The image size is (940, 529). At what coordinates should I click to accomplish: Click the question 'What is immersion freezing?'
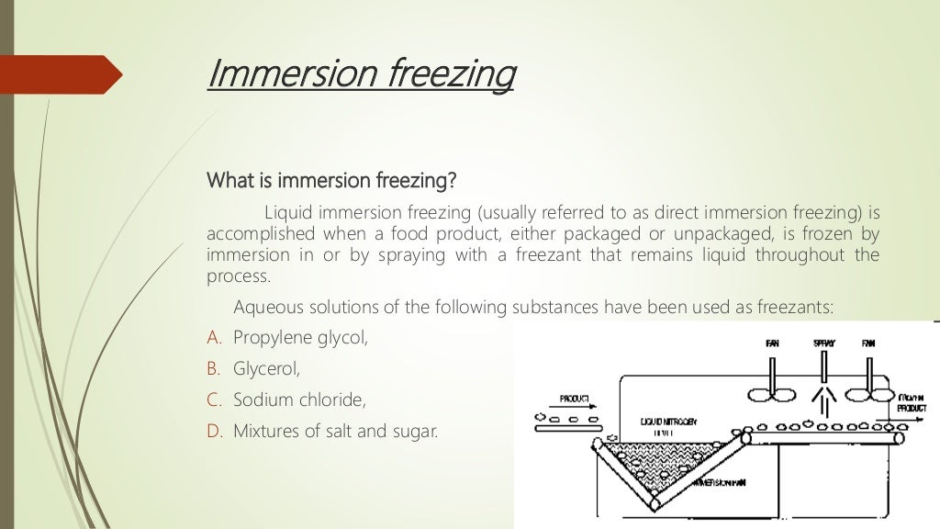click(330, 178)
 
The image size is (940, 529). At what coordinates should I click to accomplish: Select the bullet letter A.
click(215, 338)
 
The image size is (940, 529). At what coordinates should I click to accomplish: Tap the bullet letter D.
click(215, 430)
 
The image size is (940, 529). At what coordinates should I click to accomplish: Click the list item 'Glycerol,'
click(267, 369)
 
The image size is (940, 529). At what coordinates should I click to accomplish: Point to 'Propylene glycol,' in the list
click(300, 338)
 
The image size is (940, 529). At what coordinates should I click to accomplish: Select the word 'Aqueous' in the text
click(269, 307)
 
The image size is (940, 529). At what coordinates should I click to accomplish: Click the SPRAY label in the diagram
click(823, 343)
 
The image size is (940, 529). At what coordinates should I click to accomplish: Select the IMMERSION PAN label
click(725, 483)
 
